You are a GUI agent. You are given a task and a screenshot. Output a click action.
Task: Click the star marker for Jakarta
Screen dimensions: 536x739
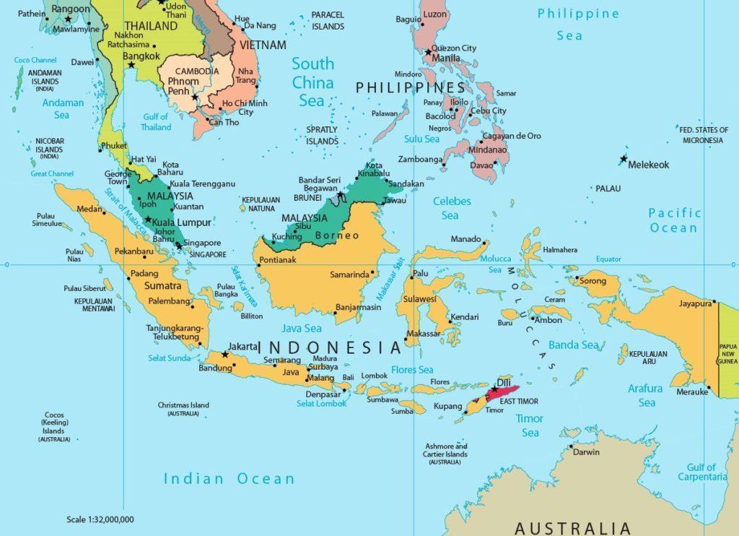tap(225, 355)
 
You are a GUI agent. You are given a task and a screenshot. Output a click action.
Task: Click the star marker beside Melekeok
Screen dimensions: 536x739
tap(623, 159)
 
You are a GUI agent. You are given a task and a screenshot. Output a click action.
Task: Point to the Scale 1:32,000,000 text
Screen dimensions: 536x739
tap(100, 519)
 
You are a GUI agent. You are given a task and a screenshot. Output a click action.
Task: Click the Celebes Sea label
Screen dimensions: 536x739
tap(452, 208)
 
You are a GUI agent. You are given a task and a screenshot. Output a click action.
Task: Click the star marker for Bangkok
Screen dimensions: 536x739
tap(131, 65)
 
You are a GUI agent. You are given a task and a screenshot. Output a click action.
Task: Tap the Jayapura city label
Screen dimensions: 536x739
tap(695, 303)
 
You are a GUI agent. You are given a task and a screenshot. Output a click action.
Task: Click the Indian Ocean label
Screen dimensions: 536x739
tap(229, 478)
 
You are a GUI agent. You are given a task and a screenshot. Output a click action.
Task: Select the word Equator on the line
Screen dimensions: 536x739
tap(608, 259)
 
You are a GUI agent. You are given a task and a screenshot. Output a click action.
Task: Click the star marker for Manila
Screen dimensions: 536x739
tap(429, 52)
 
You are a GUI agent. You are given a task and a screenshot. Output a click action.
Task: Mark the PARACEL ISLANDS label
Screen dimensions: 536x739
tap(328, 20)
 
